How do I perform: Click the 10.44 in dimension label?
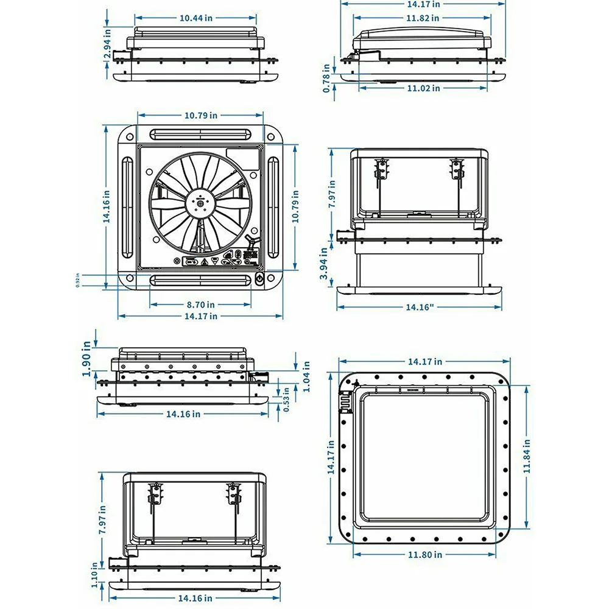pyautogui.click(x=196, y=18)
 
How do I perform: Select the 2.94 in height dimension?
pyautogui.click(x=107, y=45)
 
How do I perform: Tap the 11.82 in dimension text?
pyautogui.click(x=424, y=18)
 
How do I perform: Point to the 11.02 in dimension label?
pyautogui.click(x=423, y=88)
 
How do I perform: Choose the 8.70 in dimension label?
pyautogui.click(x=200, y=304)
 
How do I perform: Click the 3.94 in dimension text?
pyautogui.click(x=326, y=268)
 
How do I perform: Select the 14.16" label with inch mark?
pyautogui.click(x=420, y=308)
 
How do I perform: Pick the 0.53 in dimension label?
pyautogui.click(x=287, y=400)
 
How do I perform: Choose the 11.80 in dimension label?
pyautogui.click(x=425, y=554)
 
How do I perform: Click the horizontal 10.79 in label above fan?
pyautogui.click(x=201, y=115)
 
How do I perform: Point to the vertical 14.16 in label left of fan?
pyautogui.click(x=107, y=208)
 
